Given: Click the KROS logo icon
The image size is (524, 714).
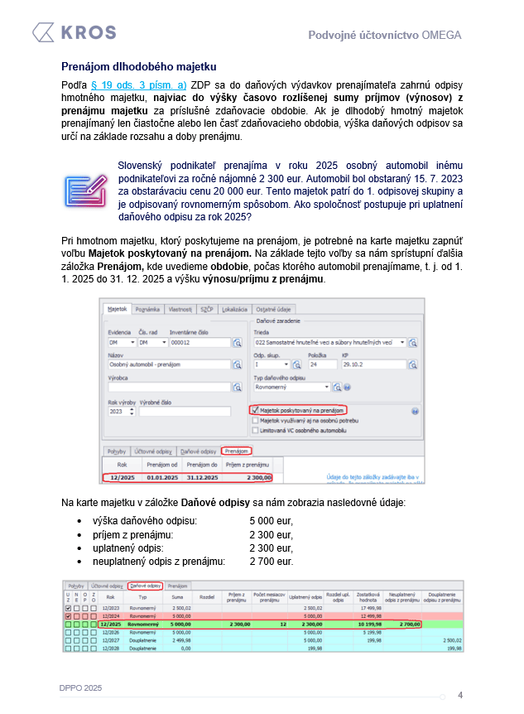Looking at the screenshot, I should pyautogui.click(x=43, y=33).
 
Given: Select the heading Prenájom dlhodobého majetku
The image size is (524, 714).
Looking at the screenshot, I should pyautogui.click(x=138, y=65).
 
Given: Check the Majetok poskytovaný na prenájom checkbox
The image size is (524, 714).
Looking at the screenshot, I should pyautogui.click(x=254, y=409).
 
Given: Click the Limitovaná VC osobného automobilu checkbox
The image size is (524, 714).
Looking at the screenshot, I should pyautogui.click(x=254, y=431).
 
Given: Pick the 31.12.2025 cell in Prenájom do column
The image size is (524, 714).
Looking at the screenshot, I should pyautogui.click(x=203, y=477).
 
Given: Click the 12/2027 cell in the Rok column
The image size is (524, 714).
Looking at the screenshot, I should pyautogui.click(x=110, y=640).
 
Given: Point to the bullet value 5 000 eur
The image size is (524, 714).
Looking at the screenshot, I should pyautogui.click(x=271, y=521).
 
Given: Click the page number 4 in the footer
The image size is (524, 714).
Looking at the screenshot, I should pyautogui.click(x=460, y=695).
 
